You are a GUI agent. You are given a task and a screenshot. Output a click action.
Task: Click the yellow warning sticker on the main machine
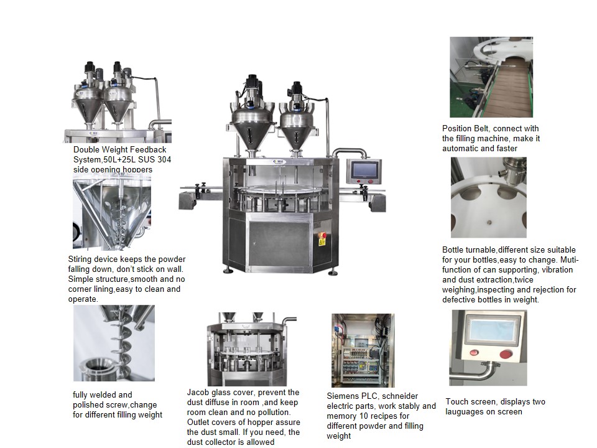click(322, 243)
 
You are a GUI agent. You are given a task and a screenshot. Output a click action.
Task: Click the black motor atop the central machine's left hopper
click(252, 85)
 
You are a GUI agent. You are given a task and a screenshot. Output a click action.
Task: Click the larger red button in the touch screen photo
click(506, 354)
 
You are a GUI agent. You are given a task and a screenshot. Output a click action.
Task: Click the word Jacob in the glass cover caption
click(198, 392)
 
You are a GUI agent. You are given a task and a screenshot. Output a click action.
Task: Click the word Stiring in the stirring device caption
click(81, 259)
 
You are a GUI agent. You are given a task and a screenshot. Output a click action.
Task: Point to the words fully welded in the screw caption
click(103, 394)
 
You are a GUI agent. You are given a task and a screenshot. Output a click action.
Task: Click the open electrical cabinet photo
click(363, 350)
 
